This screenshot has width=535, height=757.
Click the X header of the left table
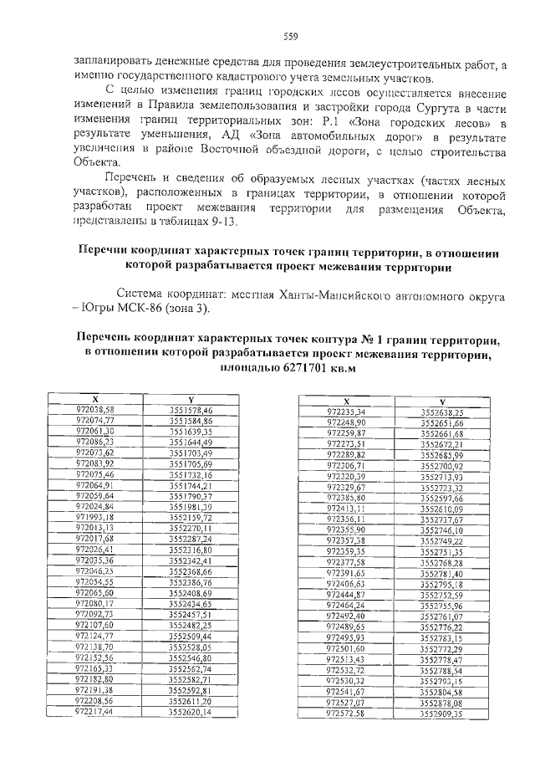coord(94,400)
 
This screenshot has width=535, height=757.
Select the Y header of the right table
coord(441,402)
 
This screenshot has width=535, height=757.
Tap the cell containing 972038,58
coord(94,409)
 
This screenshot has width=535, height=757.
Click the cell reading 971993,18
coord(94,517)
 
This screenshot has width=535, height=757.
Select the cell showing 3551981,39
coord(191,506)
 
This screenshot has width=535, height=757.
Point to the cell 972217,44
coord(94,711)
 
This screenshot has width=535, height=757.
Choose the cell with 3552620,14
coord(191,711)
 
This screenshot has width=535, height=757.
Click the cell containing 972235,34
coord(346,412)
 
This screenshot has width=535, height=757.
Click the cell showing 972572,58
coord(346,714)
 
